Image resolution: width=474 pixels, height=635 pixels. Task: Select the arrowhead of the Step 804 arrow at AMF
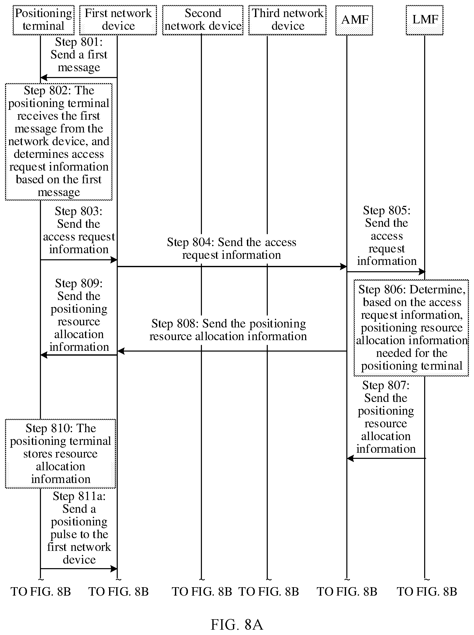pos(344,266)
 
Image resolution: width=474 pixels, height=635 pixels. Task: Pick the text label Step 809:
pos(79,283)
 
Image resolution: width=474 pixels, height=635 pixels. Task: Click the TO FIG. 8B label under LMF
pos(427,592)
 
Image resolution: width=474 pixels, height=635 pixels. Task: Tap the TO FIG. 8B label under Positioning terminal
pos(41,592)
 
